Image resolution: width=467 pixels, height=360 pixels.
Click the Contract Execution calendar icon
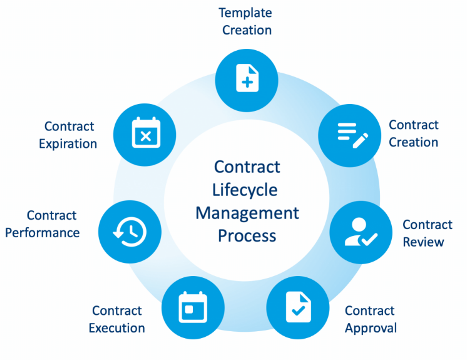[x=193, y=307]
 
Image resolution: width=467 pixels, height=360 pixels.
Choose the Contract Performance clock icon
[x=130, y=232]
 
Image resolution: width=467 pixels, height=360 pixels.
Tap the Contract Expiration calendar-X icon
[x=145, y=133]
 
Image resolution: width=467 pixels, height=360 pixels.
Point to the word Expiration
[x=68, y=143]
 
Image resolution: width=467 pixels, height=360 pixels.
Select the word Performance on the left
[x=43, y=232]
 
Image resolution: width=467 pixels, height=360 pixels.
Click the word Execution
[x=116, y=327]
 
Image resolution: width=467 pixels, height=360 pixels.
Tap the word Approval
[x=371, y=327]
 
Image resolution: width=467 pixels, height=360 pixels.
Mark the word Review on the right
[x=424, y=242]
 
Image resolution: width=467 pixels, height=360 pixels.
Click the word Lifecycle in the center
[x=247, y=190]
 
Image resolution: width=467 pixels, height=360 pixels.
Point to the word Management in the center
[x=247, y=213]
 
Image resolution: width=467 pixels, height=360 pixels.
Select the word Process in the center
[x=247, y=235]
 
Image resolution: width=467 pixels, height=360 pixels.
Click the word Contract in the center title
[x=247, y=167]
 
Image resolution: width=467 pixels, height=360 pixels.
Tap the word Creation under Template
[x=247, y=30]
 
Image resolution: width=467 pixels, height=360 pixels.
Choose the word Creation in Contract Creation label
[x=413, y=142]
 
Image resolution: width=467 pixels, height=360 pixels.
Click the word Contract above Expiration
[x=69, y=126]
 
